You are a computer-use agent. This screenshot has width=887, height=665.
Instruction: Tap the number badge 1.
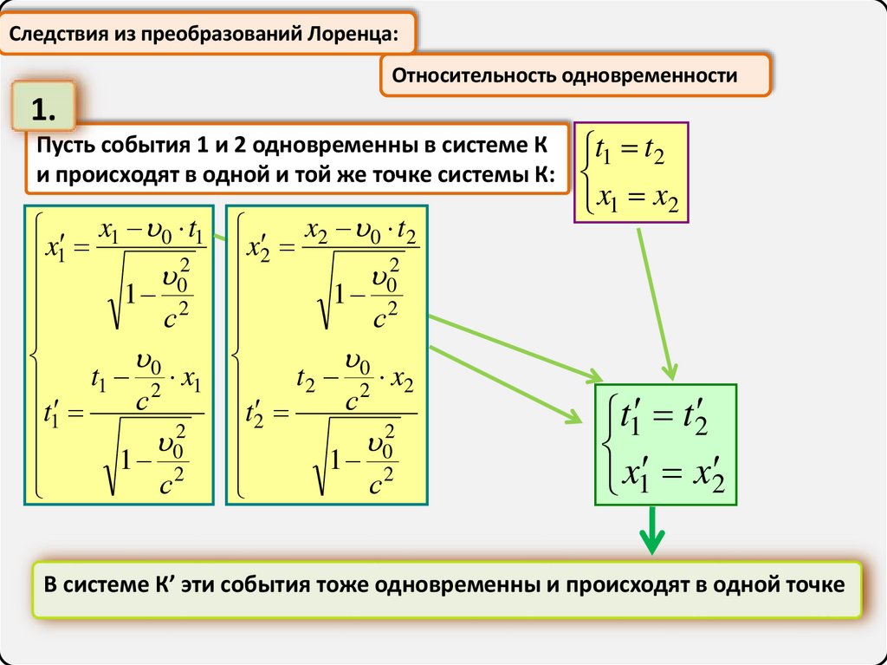click(x=44, y=110)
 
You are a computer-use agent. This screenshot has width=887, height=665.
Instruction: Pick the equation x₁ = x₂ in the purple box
click(x=635, y=199)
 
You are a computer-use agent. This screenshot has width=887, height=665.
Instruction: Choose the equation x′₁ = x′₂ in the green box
click(x=665, y=473)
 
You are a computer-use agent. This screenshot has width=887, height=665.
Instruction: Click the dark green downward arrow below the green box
click(x=651, y=530)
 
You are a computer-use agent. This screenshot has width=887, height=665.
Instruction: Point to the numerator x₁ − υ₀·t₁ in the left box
click(x=152, y=232)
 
